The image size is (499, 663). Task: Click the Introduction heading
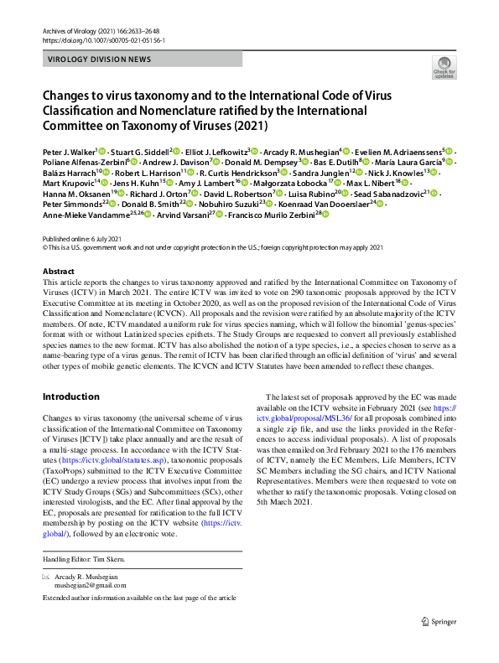click(x=70, y=396)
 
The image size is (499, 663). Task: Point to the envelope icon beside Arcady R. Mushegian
click(x=46, y=578)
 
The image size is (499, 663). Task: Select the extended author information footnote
click(x=138, y=597)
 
